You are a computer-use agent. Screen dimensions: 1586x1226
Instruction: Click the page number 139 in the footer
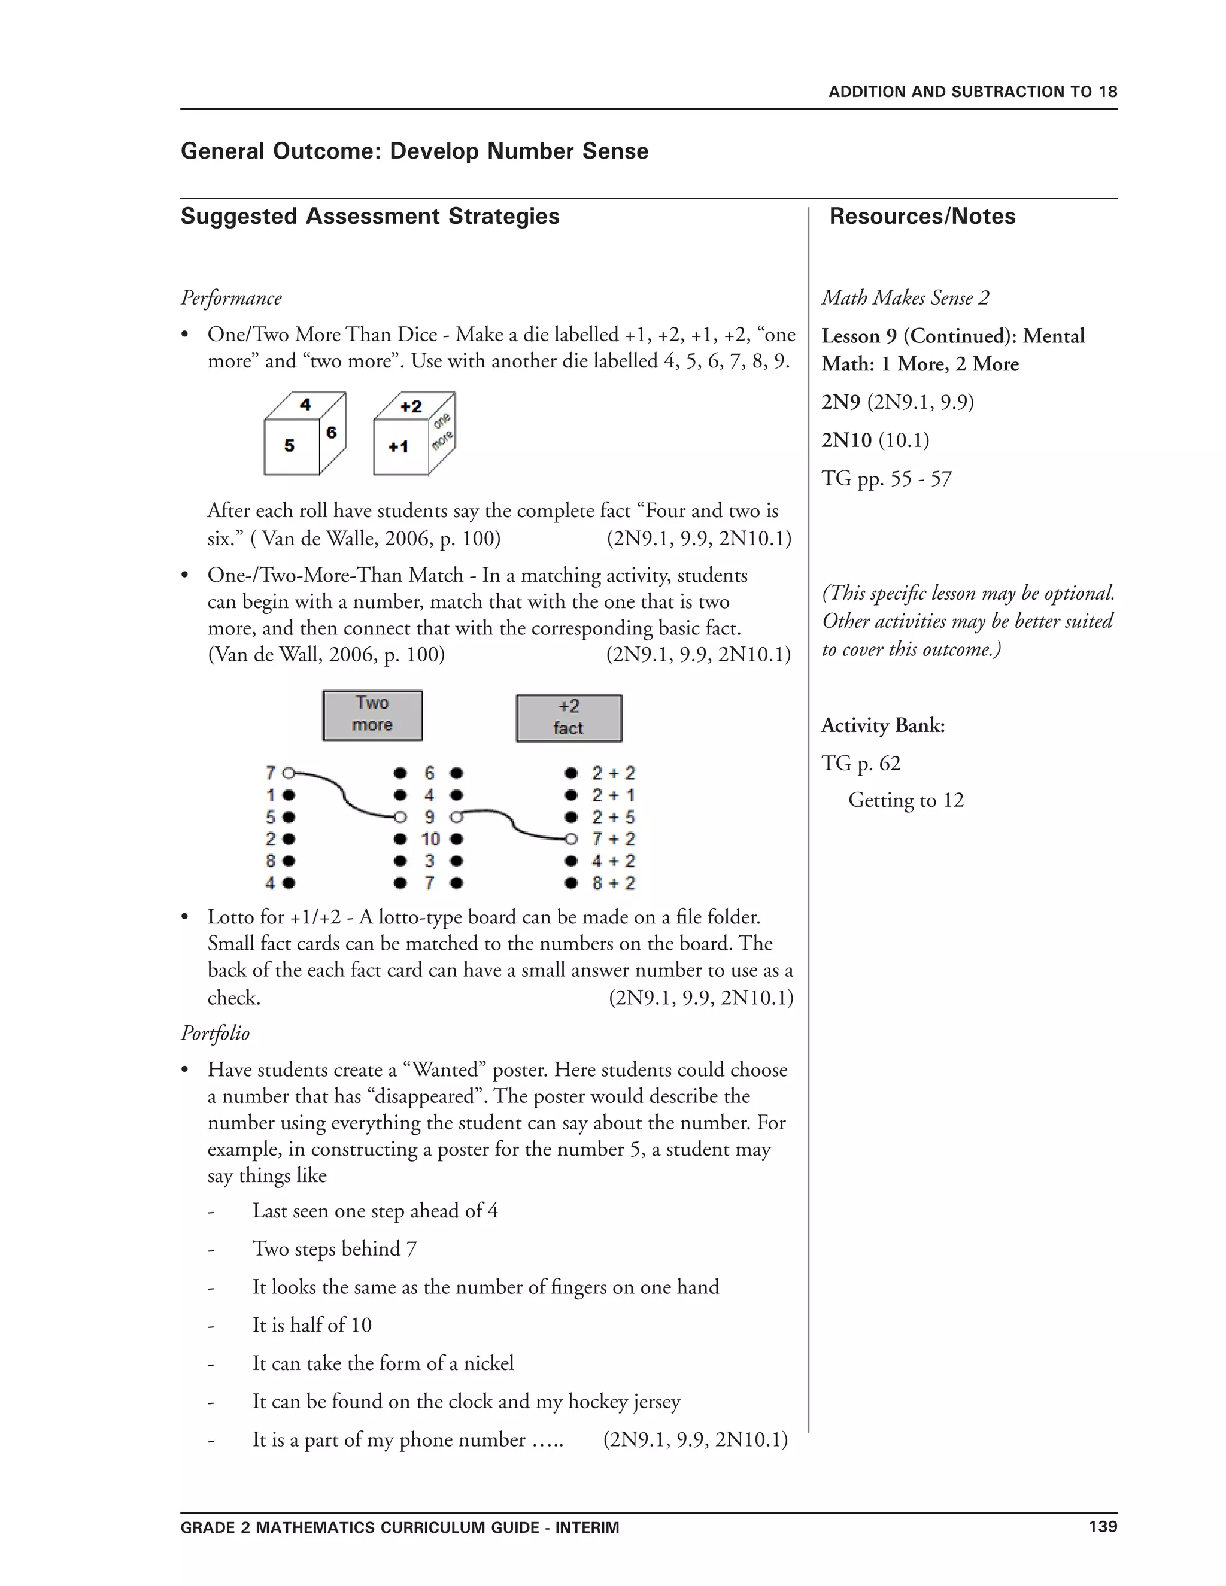point(1103,1527)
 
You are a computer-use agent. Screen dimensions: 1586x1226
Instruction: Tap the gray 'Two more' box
point(372,715)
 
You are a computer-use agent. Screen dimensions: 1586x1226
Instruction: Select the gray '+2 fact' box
point(569,718)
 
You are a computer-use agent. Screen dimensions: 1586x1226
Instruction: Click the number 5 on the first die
point(290,446)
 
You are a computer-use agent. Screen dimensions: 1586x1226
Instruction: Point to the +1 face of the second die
point(398,447)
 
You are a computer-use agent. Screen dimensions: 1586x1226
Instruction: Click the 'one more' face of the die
point(442,432)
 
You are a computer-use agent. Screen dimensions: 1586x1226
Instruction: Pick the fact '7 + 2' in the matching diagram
point(613,838)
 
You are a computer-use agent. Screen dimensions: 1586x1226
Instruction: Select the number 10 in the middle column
point(430,838)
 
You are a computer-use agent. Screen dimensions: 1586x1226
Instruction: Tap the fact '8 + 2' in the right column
point(613,883)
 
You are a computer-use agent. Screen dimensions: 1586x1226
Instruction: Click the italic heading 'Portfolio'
point(215,1034)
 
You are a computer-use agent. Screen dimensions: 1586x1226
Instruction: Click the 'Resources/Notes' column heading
point(922,217)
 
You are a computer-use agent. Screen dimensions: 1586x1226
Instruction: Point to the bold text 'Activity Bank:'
point(882,725)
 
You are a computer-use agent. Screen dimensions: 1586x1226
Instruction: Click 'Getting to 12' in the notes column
point(906,800)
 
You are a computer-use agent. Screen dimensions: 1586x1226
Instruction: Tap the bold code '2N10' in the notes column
point(846,440)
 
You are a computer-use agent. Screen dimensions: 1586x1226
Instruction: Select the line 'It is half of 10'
point(311,1324)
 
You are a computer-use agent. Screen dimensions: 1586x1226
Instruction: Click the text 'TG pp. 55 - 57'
point(886,479)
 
